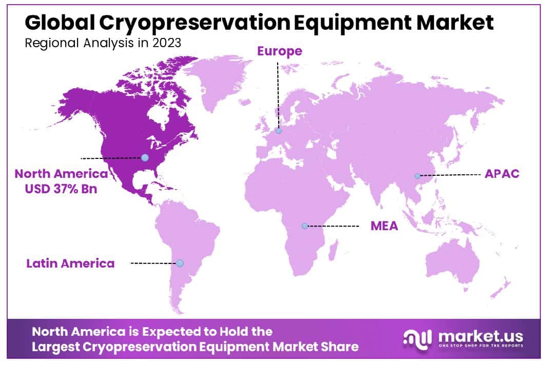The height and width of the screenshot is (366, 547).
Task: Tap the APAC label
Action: pyautogui.click(x=502, y=173)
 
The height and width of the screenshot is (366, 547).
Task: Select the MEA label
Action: pyautogui.click(x=384, y=226)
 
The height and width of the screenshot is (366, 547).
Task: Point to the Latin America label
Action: pyautogui.click(x=71, y=263)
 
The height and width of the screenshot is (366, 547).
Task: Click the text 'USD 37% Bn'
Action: pyautogui.click(x=61, y=189)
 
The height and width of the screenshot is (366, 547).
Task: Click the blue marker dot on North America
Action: pyautogui.click(x=145, y=158)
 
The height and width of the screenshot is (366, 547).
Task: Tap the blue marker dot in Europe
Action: pyautogui.click(x=279, y=131)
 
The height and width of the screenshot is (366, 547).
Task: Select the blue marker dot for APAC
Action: pyautogui.click(x=418, y=176)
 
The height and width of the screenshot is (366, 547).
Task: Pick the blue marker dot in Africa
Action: pyautogui.click(x=305, y=226)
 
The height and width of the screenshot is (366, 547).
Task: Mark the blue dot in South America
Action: pyautogui.click(x=180, y=263)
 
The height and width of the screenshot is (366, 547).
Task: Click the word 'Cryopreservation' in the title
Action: pyautogui.click(x=177, y=23)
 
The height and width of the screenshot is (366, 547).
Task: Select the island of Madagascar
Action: pyautogui.click(x=332, y=256)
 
